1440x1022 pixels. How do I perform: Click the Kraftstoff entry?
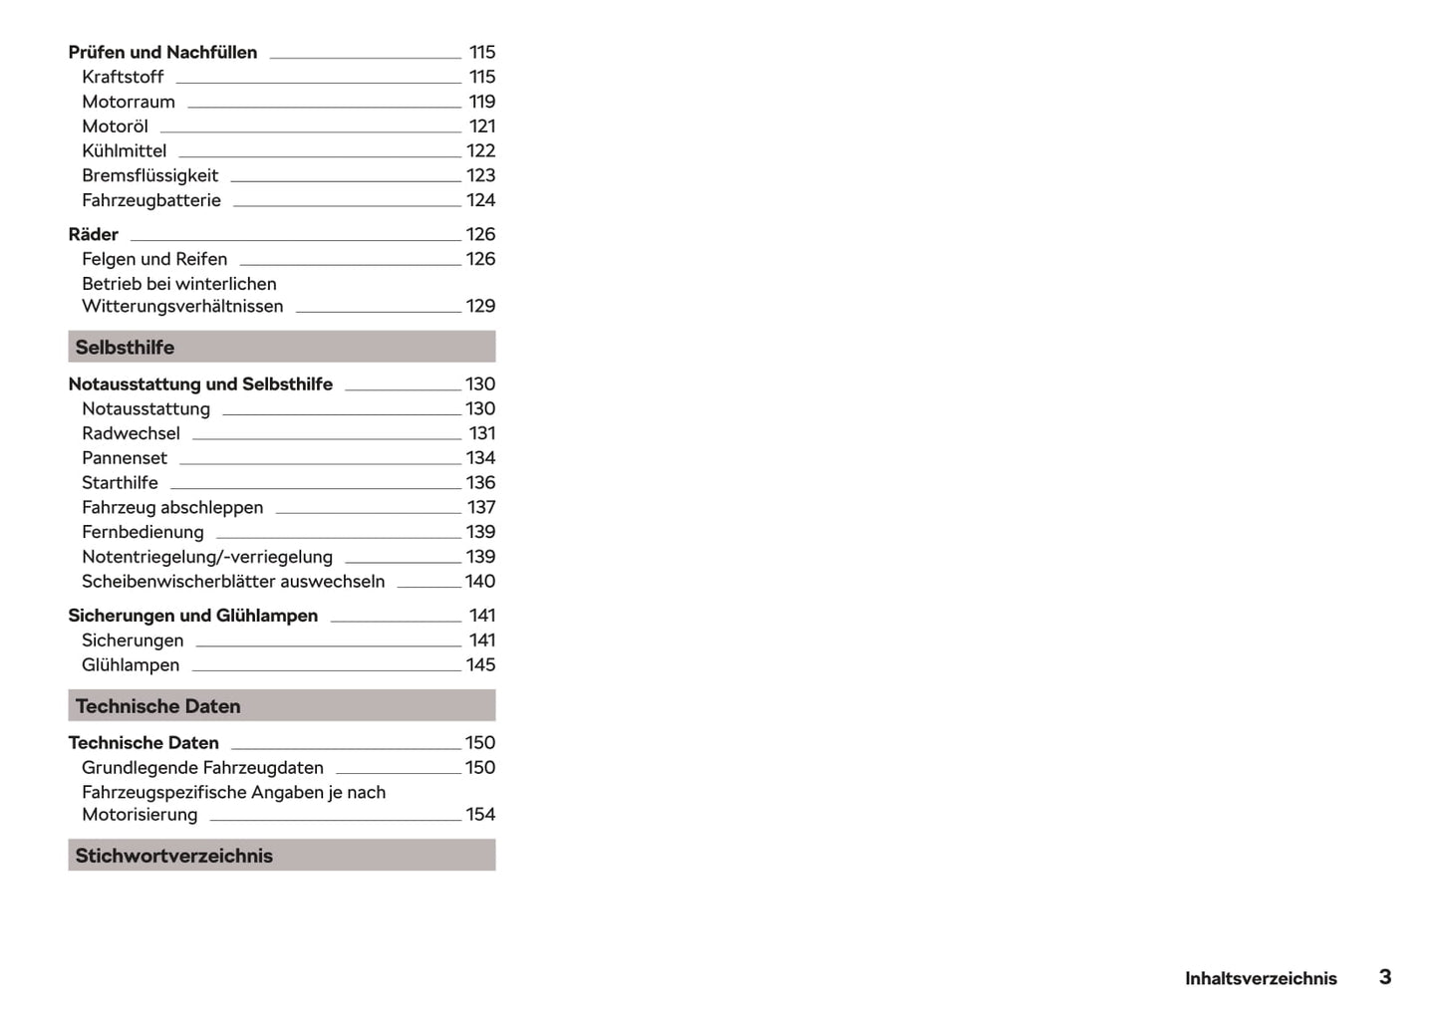coord(123,77)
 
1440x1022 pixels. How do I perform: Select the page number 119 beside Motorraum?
coord(481,102)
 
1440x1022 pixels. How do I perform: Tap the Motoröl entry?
coord(115,127)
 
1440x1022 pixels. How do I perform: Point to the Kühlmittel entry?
coord(124,150)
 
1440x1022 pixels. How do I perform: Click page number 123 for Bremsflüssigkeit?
coord(480,175)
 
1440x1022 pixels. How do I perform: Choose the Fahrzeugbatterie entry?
coord(151,200)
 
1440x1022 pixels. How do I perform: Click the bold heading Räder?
coord(93,234)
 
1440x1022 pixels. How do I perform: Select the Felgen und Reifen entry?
coord(154,259)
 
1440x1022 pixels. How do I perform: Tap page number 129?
coord(480,306)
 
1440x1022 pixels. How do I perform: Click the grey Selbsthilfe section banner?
coord(281,347)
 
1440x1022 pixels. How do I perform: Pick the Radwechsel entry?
coord(131,433)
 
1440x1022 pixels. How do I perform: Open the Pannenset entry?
coord(125,458)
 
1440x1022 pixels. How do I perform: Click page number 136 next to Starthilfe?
coord(480,482)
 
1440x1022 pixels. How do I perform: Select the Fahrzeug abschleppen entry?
coord(172,507)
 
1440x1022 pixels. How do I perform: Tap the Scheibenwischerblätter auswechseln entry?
coord(233,581)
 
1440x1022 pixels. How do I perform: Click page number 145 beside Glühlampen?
coord(480,664)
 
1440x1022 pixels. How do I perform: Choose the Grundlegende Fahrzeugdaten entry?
coord(202,767)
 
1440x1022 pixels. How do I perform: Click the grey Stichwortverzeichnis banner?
coord(281,855)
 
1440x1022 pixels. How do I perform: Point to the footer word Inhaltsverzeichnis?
coord(1261,978)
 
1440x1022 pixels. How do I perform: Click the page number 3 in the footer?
coord(1384,976)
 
